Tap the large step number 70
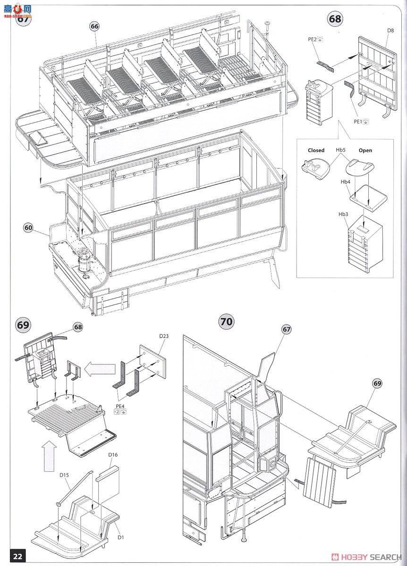227,322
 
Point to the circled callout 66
94,26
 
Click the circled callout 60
29,228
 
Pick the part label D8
390,31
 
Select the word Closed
316,150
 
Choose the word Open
365,150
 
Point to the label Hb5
341,150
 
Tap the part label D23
163,336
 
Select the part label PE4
120,405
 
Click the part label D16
112,455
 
